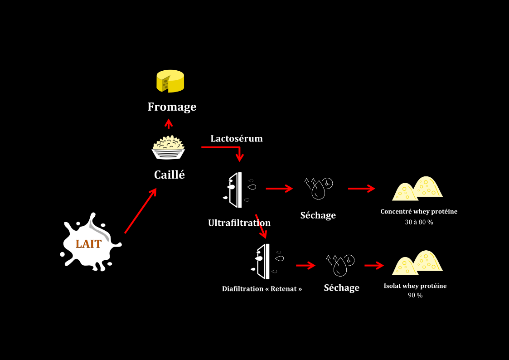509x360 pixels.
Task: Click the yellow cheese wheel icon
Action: point(170,81)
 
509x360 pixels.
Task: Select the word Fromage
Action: point(172,107)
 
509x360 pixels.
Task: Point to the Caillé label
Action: point(170,175)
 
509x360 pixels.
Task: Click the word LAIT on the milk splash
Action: point(88,243)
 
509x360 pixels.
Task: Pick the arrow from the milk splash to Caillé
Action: point(141,211)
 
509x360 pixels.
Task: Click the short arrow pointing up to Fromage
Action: point(169,124)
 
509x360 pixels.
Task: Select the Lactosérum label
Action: point(236,138)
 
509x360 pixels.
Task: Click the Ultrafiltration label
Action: point(239,223)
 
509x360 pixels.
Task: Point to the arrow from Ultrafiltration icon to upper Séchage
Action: point(279,188)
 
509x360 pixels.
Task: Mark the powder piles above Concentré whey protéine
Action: point(417,189)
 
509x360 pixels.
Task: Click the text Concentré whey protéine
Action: point(419,212)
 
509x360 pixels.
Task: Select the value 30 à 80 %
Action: point(419,222)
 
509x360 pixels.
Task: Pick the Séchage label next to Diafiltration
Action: point(341,287)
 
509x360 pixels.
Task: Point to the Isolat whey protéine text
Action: point(415,286)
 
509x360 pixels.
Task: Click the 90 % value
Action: point(415,295)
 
